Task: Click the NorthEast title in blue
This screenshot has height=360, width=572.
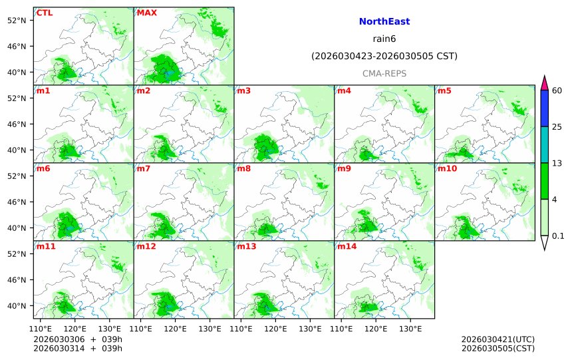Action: (384, 22)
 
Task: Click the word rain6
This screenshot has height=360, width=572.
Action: (384, 39)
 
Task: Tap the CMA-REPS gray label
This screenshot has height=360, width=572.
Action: (384, 74)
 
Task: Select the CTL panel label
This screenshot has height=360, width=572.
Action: (45, 13)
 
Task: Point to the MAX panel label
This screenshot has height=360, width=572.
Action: (147, 13)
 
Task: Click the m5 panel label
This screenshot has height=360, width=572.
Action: (444, 90)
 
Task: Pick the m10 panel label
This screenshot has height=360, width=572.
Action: (447, 168)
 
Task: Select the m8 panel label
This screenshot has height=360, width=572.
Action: (243, 168)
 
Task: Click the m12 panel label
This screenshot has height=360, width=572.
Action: (146, 246)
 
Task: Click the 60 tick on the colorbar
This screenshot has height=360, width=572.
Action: (557, 90)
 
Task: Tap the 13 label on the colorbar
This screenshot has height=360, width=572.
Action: (557, 163)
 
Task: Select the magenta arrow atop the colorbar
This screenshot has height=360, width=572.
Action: (544, 83)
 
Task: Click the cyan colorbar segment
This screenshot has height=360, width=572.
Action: (544, 144)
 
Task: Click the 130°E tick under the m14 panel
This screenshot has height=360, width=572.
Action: (410, 329)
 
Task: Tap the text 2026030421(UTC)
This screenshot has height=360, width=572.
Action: (498, 339)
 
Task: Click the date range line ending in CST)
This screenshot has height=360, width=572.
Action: (384, 57)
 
